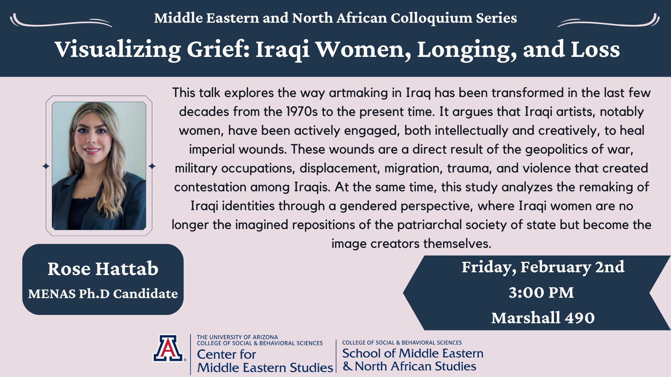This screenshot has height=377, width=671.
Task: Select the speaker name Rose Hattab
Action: [103, 268]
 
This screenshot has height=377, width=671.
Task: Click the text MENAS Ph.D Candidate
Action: [103, 294]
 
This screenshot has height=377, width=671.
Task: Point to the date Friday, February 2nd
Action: [543, 267]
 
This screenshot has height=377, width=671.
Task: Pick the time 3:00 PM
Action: [541, 293]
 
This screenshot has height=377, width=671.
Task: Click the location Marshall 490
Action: [543, 318]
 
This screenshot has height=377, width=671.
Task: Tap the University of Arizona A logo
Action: [168, 348]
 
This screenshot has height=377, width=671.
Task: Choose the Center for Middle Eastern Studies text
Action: [265, 361]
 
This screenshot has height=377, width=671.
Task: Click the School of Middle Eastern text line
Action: [413, 353]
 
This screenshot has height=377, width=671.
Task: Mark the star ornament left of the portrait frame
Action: [46, 166]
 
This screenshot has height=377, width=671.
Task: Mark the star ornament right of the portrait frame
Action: [152, 166]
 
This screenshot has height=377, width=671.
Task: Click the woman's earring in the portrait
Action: [74, 149]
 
